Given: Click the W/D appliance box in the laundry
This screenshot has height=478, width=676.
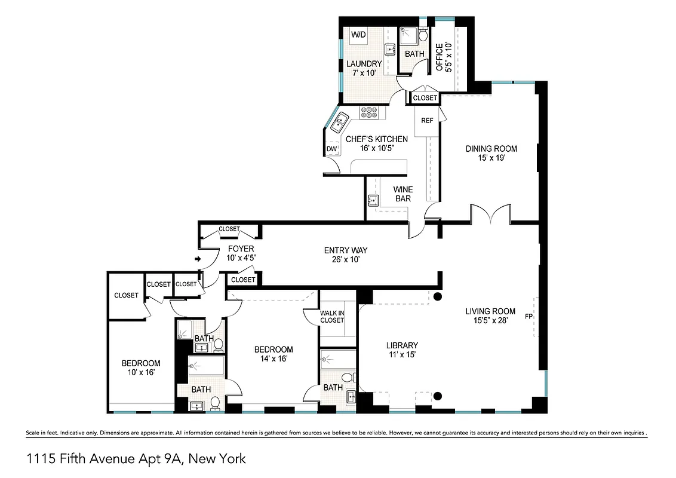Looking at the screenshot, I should pyautogui.click(x=358, y=35).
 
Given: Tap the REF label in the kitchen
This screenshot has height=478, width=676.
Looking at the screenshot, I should pyautogui.click(x=427, y=121).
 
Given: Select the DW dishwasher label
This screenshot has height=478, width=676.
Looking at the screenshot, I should pyautogui.click(x=331, y=149).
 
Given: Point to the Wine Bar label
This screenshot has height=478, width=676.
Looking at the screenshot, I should pyautogui.click(x=402, y=194).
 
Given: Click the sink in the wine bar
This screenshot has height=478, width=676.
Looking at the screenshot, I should pyautogui.click(x=374, y=200).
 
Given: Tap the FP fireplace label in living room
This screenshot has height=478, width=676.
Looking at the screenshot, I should pyautogui.click(x=528, y=316).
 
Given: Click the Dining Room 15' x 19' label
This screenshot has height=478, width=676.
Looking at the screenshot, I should pyautogui.click(x=491, y=154).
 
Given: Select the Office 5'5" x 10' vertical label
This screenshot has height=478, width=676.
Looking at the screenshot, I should pyautogui.click(x=443, y=57).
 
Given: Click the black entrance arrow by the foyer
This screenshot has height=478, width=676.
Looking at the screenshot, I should pyautogui.click(x=198, y=259).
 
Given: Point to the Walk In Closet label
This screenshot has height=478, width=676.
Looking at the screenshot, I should pyautogui.click(x=332, y=316).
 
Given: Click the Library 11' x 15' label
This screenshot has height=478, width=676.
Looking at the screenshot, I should pyautogui.click(x=402, y=350).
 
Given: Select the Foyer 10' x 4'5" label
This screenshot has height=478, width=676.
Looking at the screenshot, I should pyautogui.click(x=241, y=253).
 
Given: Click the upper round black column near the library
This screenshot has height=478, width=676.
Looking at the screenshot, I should pyautogui.click(x=438, y=297).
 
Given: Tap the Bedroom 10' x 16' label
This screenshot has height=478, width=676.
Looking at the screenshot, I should pyautogui.click(x=141, y=368).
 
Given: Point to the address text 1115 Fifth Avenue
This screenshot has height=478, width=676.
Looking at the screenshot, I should pyautogui.click(x=136, y=459).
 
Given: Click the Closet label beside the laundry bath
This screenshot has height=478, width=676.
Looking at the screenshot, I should pyautogui.click(x=425, y=97).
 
